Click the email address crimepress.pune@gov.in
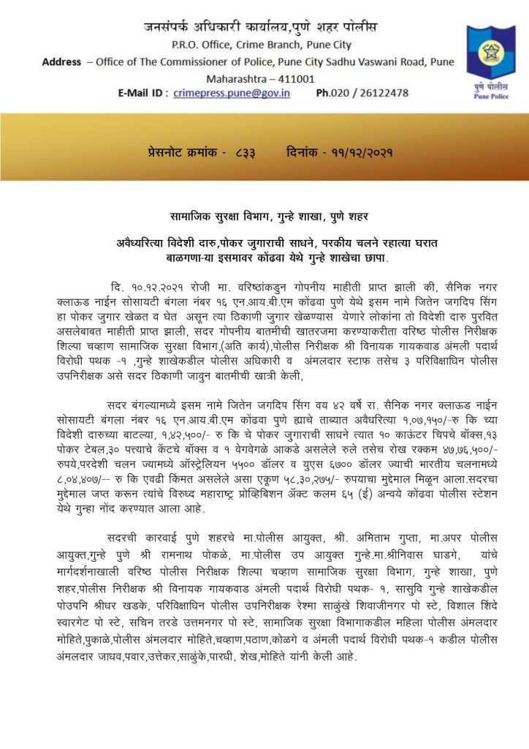232,93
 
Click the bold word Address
62,62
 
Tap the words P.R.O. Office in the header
197,45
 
